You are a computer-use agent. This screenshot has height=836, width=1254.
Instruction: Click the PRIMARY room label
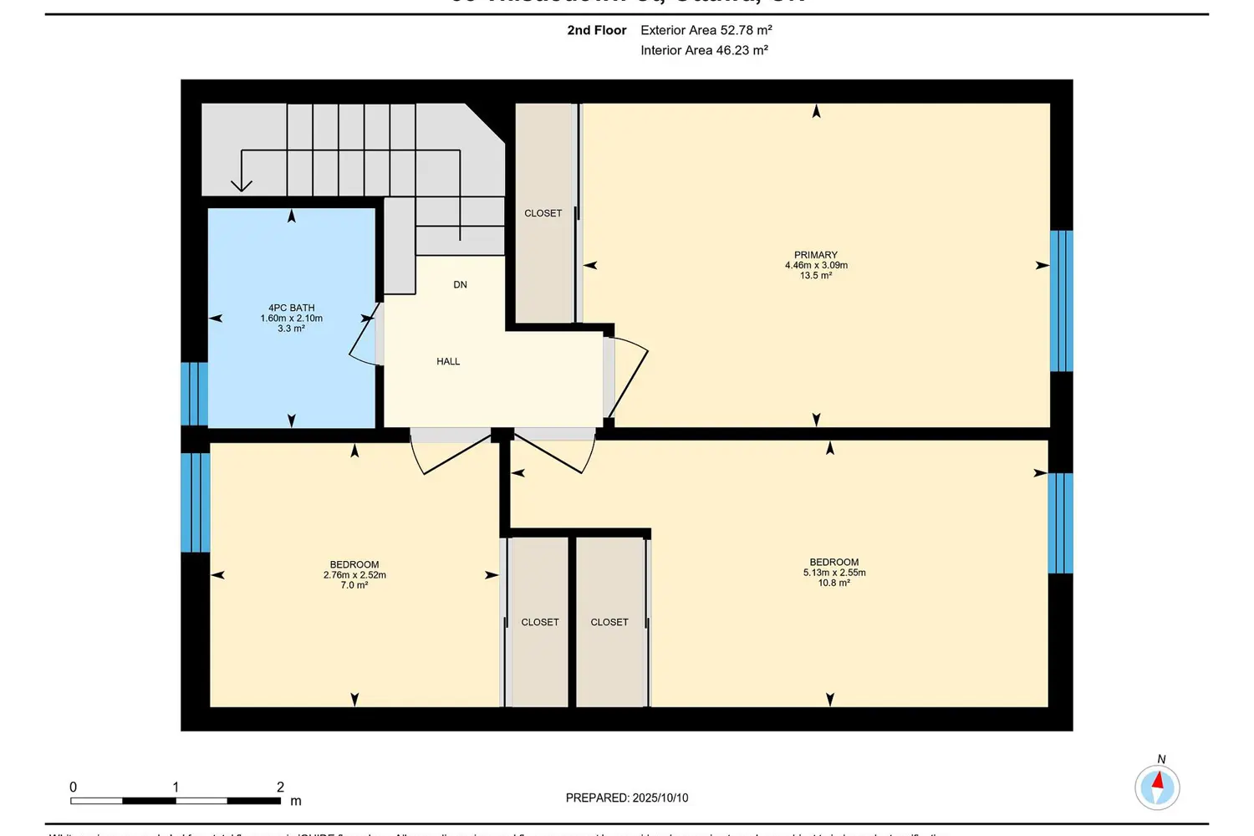815,255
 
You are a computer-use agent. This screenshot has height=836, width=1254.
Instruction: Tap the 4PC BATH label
291,308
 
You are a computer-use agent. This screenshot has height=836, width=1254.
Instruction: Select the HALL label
448,361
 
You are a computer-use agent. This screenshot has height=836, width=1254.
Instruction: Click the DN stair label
460,284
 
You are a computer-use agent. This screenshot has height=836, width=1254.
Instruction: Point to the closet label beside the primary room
543,213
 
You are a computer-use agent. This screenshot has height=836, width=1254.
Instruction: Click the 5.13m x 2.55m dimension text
833,573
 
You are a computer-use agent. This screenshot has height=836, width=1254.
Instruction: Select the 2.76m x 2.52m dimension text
354,575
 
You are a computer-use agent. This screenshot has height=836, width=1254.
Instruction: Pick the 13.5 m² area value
815,276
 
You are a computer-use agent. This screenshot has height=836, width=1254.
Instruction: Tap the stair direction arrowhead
242,185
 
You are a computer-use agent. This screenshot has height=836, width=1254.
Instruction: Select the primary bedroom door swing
629,380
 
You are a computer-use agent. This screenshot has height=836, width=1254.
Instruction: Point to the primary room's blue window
1061,301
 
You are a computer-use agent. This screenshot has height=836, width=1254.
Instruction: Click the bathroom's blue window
194,394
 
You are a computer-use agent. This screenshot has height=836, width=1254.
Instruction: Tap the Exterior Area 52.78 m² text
706,30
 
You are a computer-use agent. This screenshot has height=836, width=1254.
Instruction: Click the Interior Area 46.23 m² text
704,50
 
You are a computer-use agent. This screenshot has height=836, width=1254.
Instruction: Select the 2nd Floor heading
596,30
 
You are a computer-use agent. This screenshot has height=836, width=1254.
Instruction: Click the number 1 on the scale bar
176,787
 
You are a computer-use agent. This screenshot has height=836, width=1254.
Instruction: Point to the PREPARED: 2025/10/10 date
627,798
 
